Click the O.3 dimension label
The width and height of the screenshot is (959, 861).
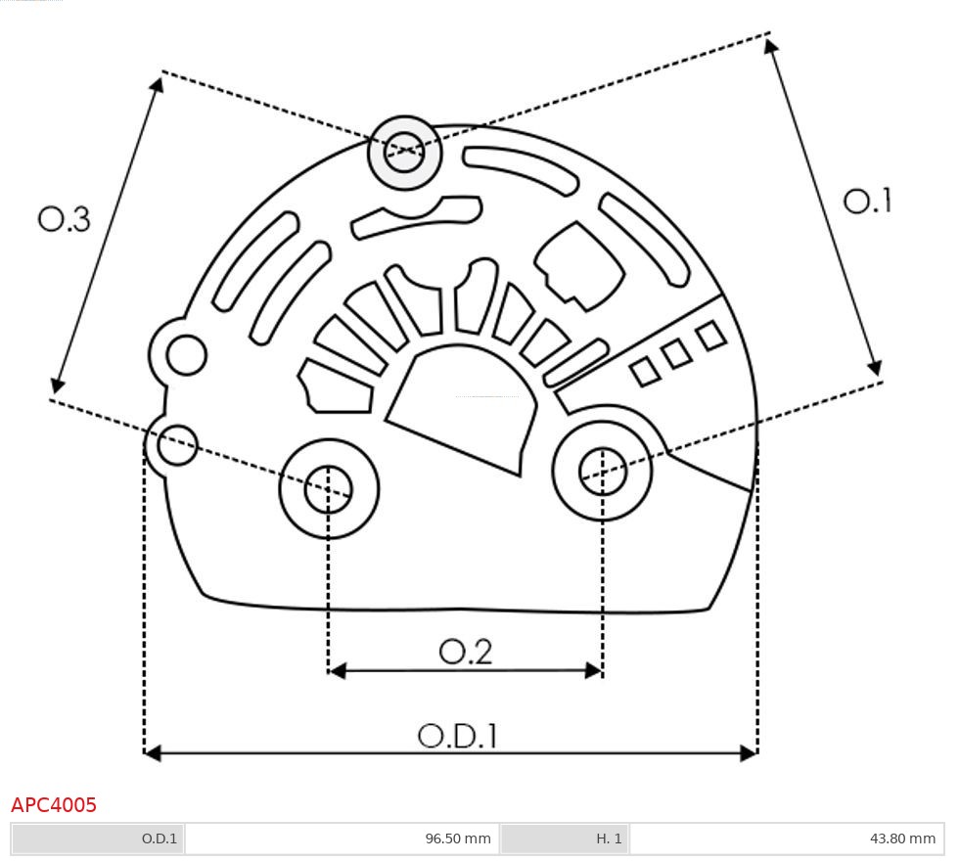point(65,219)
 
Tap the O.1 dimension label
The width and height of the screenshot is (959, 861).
point(867,202)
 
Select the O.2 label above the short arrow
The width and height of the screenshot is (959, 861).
point(465,652)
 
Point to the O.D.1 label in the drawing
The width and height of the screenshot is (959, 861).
point(457,736)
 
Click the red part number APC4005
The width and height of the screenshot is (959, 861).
point(54,805)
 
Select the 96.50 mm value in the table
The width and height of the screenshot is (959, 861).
point(457,838)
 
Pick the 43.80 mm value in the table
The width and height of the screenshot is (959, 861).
point(902,838)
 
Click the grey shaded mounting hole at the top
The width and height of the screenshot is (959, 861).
point(404,152)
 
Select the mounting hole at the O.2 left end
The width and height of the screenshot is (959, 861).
point(329,488)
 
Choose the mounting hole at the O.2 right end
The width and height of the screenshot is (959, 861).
point(602,473)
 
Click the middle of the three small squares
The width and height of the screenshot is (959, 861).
point(676,354)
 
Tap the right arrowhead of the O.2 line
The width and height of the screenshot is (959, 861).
point(593,670)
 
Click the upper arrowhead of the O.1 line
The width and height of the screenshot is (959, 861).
point(773,46)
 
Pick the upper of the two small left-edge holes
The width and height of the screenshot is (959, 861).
point(186,354)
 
